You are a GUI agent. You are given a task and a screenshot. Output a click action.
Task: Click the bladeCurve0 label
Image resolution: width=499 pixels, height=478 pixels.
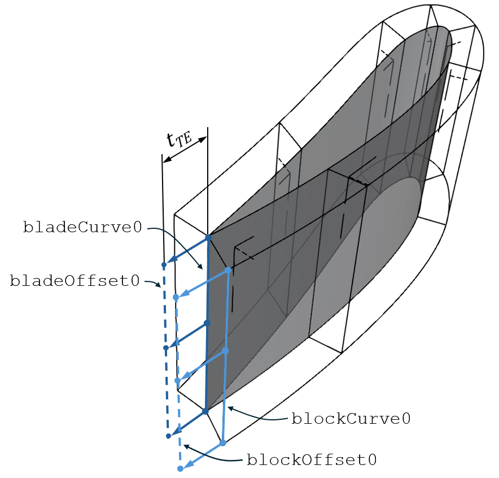(82, 227)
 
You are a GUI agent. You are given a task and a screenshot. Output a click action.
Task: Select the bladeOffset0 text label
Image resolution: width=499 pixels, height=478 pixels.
(75, 281)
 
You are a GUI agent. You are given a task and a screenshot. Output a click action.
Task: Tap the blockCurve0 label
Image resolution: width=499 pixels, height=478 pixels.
(351, 419)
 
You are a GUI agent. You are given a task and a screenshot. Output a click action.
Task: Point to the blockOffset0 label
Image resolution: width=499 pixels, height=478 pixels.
(312, 460)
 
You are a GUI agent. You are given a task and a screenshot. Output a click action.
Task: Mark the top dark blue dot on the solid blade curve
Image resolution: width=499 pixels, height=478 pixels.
(208, 237)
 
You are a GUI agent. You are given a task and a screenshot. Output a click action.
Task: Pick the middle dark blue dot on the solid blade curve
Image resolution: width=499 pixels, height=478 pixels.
(207, 323)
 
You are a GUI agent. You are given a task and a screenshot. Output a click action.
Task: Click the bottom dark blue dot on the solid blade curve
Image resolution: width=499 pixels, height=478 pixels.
(205, 411)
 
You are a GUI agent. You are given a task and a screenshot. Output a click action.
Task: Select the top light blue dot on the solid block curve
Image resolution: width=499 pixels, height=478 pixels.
(228, 270)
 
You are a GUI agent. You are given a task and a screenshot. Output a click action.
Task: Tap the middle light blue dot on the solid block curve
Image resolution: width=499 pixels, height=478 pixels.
(225, 351)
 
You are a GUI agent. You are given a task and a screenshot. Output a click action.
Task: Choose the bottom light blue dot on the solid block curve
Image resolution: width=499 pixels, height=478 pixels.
(223, 442)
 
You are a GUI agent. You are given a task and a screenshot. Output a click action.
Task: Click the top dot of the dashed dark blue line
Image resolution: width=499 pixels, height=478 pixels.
(164, 264)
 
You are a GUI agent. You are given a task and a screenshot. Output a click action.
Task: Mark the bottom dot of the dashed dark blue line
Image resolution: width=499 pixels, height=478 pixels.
(168, 436)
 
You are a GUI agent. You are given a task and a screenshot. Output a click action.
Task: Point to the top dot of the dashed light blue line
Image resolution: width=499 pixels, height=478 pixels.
(176, 297)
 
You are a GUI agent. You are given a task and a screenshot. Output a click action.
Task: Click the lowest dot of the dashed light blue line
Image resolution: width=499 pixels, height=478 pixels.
(180, 468)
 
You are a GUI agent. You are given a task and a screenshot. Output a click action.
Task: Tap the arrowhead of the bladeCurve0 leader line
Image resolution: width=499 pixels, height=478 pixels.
(200, 267)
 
